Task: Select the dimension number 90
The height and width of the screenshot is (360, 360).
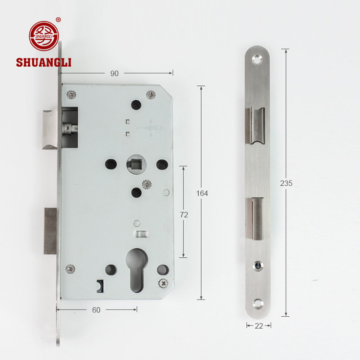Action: tap(114, 73)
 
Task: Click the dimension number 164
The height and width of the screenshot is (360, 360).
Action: tap(202, 193)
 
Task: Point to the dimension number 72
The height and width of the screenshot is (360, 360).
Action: tap(183, 215)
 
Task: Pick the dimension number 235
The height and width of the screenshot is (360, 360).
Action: tap(286, 183)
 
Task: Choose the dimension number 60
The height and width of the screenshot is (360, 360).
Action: tap(96, 310)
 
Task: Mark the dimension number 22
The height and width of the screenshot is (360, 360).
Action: tap(259, 326)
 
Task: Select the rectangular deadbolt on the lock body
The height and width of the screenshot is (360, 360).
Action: tap(50, 230)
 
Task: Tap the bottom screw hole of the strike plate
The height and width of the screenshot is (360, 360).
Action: tap(259, 303)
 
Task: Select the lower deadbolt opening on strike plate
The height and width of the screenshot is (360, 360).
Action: tap(257, 218)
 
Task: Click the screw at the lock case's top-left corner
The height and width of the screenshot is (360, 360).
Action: tap(72, 94)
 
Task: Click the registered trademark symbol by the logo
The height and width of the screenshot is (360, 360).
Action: tap(59, 20)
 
